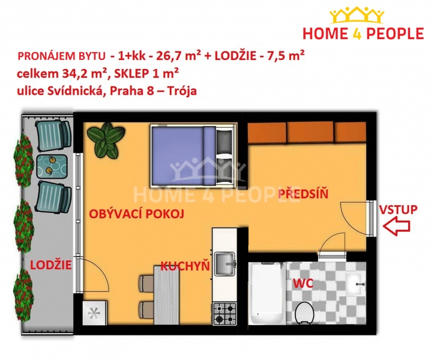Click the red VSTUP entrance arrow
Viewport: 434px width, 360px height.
[396, 226]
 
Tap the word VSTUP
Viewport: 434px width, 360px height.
[398, 209]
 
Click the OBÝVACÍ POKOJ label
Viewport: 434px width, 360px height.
[136, 214]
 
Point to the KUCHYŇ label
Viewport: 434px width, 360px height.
[185, 266]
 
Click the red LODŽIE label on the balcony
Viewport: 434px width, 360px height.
[51, 265]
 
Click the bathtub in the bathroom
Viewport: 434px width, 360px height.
[267, 293]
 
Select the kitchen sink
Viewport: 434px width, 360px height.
[225, 264]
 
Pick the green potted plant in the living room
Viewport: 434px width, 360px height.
[105, 140]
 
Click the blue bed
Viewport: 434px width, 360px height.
[193, 156]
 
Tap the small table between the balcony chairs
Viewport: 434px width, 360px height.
[52, 166]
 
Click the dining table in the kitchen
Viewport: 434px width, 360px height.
[167, 295]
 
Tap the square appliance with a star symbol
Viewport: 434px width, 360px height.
[95, 313]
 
